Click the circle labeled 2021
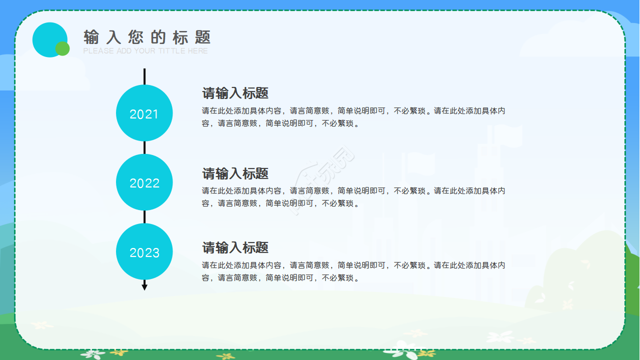pos(144,113)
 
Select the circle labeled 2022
pos(144,182)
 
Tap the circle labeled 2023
pos(144,252)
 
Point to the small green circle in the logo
pos(62,48)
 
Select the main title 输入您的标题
pos(147,37)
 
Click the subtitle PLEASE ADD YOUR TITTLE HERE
pos(145,51)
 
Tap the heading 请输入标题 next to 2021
pos(235,93)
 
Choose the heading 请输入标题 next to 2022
pos(235,173)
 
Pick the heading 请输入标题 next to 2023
pos(235,247)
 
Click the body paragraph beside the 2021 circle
pos(353,117)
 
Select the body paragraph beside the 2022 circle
pos(353,197)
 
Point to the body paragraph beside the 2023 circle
pos(353,271)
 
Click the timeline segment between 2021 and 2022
pos(144,147)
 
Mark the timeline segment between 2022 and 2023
pos(144,217)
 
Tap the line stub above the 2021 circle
pos(144,76)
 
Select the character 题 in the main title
pos(203,37)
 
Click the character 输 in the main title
pos(91,37)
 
